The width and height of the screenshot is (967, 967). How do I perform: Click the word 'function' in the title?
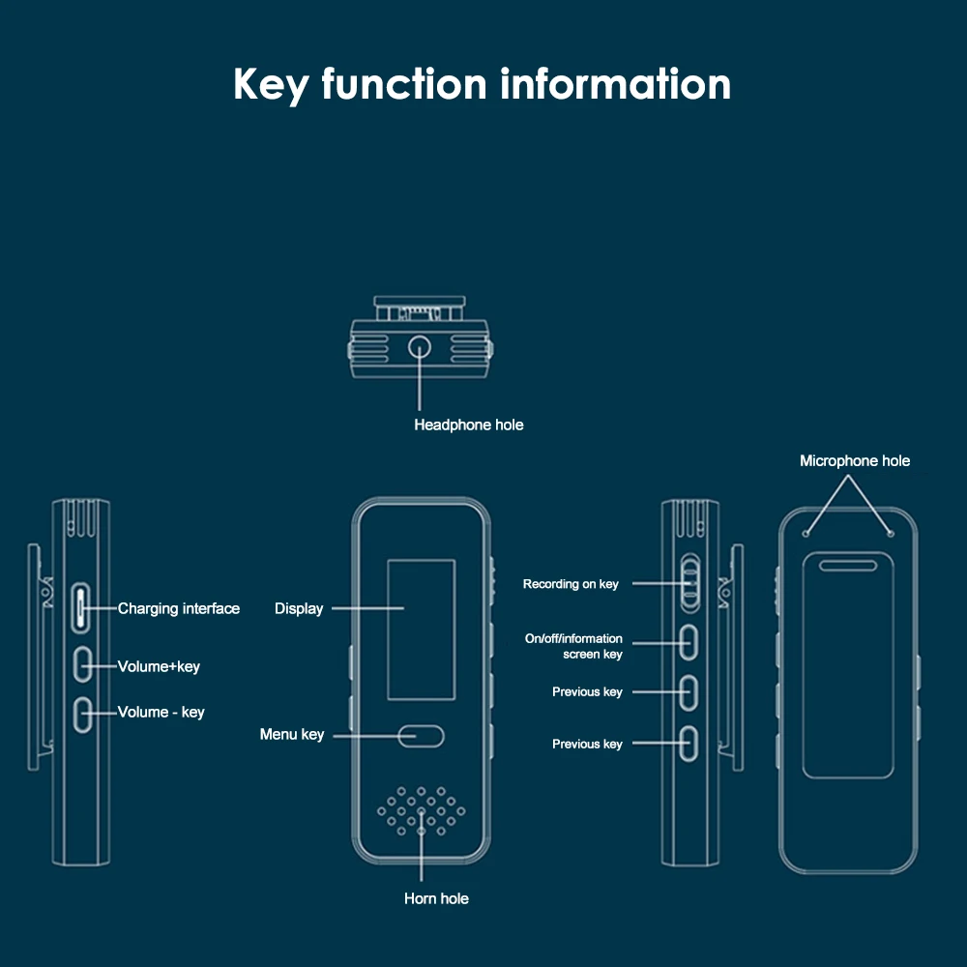(404, 84)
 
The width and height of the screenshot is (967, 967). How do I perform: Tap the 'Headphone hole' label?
(469, 425)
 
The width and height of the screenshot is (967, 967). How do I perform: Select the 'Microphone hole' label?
(855, 461)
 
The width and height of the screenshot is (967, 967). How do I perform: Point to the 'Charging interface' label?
(179, 608)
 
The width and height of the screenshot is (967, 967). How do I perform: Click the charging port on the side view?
(81, 605)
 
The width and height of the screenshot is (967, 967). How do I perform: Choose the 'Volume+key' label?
(159, 666)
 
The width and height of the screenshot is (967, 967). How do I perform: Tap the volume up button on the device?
(82, 663)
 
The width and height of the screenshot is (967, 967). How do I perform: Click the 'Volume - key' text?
(161, 713)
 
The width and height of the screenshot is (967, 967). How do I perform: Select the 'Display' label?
(299, 608)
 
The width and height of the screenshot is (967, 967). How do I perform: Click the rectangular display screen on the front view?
(421, 629)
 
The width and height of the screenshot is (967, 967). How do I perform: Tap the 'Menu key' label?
(292, 735)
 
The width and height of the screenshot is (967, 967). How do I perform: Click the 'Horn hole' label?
(436, 899)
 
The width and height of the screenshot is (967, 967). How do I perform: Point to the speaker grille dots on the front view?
(421, 810)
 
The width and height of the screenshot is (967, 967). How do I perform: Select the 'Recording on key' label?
(571, 584)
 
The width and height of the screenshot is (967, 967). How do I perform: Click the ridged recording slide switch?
(689, 582)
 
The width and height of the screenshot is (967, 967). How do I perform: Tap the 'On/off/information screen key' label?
(574, 646)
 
